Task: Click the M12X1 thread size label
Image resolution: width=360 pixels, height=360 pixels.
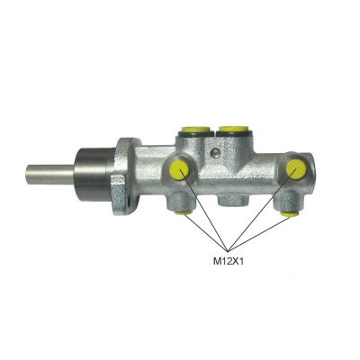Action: click(228, 262)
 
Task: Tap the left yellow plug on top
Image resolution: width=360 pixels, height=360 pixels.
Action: click(195, 130)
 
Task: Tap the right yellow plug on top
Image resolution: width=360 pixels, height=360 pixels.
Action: click(233, 129)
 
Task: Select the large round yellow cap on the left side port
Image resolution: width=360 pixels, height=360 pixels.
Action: click(179, 170)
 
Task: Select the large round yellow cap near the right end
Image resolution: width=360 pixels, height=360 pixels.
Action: click(296, 169)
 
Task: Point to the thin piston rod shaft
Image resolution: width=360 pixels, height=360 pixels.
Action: click(50, 175)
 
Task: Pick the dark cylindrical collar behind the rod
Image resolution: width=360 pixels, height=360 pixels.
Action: click(95, 175)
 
